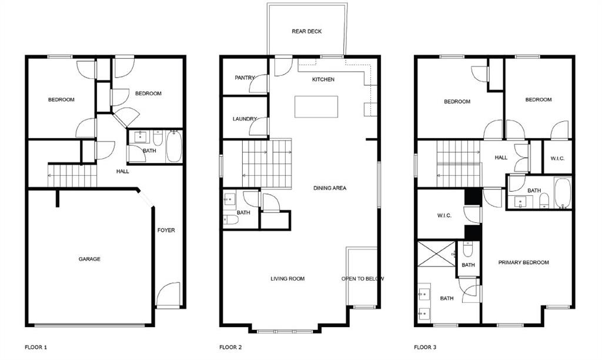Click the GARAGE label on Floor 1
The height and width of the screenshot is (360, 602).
[x=89, y=259]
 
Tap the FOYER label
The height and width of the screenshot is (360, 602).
[x=166, y=230]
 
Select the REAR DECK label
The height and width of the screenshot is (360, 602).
[x=307, y=31]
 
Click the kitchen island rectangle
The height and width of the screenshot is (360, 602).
[x=316, y=106]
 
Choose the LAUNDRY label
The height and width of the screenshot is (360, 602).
[x=245, y=119]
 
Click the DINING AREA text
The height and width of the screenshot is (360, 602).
[x=329, y=188]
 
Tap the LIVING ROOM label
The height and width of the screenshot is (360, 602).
[x=287, y=279]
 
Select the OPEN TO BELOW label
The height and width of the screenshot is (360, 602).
[x=363, y=279]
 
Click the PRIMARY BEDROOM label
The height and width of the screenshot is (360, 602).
[x=523, y=262]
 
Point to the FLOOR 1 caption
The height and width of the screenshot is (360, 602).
[x=36, y=348]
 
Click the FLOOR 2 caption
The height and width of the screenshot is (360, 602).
[x=230, y=348]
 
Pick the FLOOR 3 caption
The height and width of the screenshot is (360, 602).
[x=426, y=348]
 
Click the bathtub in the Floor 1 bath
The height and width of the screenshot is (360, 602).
[x=175, y=146]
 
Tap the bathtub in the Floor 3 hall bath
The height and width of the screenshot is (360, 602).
[x=562, y=194]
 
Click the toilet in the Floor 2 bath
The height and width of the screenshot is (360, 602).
[x=230, y=220]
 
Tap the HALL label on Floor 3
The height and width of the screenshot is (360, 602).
[x=501, y=158]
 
